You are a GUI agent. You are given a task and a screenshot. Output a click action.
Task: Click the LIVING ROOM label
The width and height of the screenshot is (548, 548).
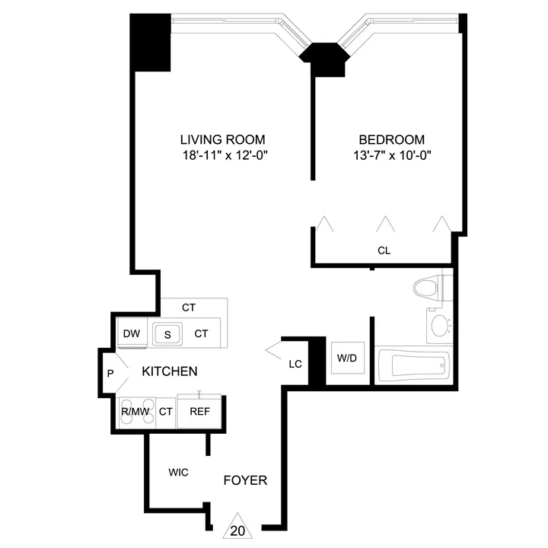(222, 139)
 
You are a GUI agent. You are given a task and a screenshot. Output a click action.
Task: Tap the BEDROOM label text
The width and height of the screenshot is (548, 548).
(391, 139)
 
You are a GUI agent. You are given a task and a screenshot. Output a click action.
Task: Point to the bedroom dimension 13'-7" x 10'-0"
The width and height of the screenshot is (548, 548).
(391, 155)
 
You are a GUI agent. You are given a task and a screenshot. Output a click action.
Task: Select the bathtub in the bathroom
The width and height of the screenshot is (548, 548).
(416, 366)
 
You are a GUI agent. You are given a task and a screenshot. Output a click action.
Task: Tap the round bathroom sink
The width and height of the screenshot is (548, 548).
(440, 327)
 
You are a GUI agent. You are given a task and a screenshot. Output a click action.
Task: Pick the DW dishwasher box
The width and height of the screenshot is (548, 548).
(131, 333)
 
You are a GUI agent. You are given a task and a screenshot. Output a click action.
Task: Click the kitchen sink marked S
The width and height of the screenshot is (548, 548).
(167, 333)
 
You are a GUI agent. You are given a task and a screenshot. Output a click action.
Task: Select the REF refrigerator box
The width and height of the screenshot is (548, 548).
(199, 412)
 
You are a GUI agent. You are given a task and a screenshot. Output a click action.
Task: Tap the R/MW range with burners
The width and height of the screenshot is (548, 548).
(135, 411)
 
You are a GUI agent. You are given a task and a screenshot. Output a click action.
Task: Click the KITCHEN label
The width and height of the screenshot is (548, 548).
(170, 371)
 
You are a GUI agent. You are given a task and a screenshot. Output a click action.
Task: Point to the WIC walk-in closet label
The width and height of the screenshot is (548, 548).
(179, 472)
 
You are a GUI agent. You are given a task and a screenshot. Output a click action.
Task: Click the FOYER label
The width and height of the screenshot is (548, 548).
(244, 480)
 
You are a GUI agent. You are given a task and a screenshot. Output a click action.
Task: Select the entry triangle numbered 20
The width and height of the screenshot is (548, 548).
(238, 527)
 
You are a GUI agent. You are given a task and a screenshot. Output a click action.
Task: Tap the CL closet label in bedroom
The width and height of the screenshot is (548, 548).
(384, 250)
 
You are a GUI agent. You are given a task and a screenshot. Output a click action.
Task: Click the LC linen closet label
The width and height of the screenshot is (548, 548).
(295, 364)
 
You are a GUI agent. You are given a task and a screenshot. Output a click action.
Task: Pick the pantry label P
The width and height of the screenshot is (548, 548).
(110, 373)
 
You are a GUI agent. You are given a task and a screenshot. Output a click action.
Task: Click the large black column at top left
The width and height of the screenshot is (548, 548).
(151, 43)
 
